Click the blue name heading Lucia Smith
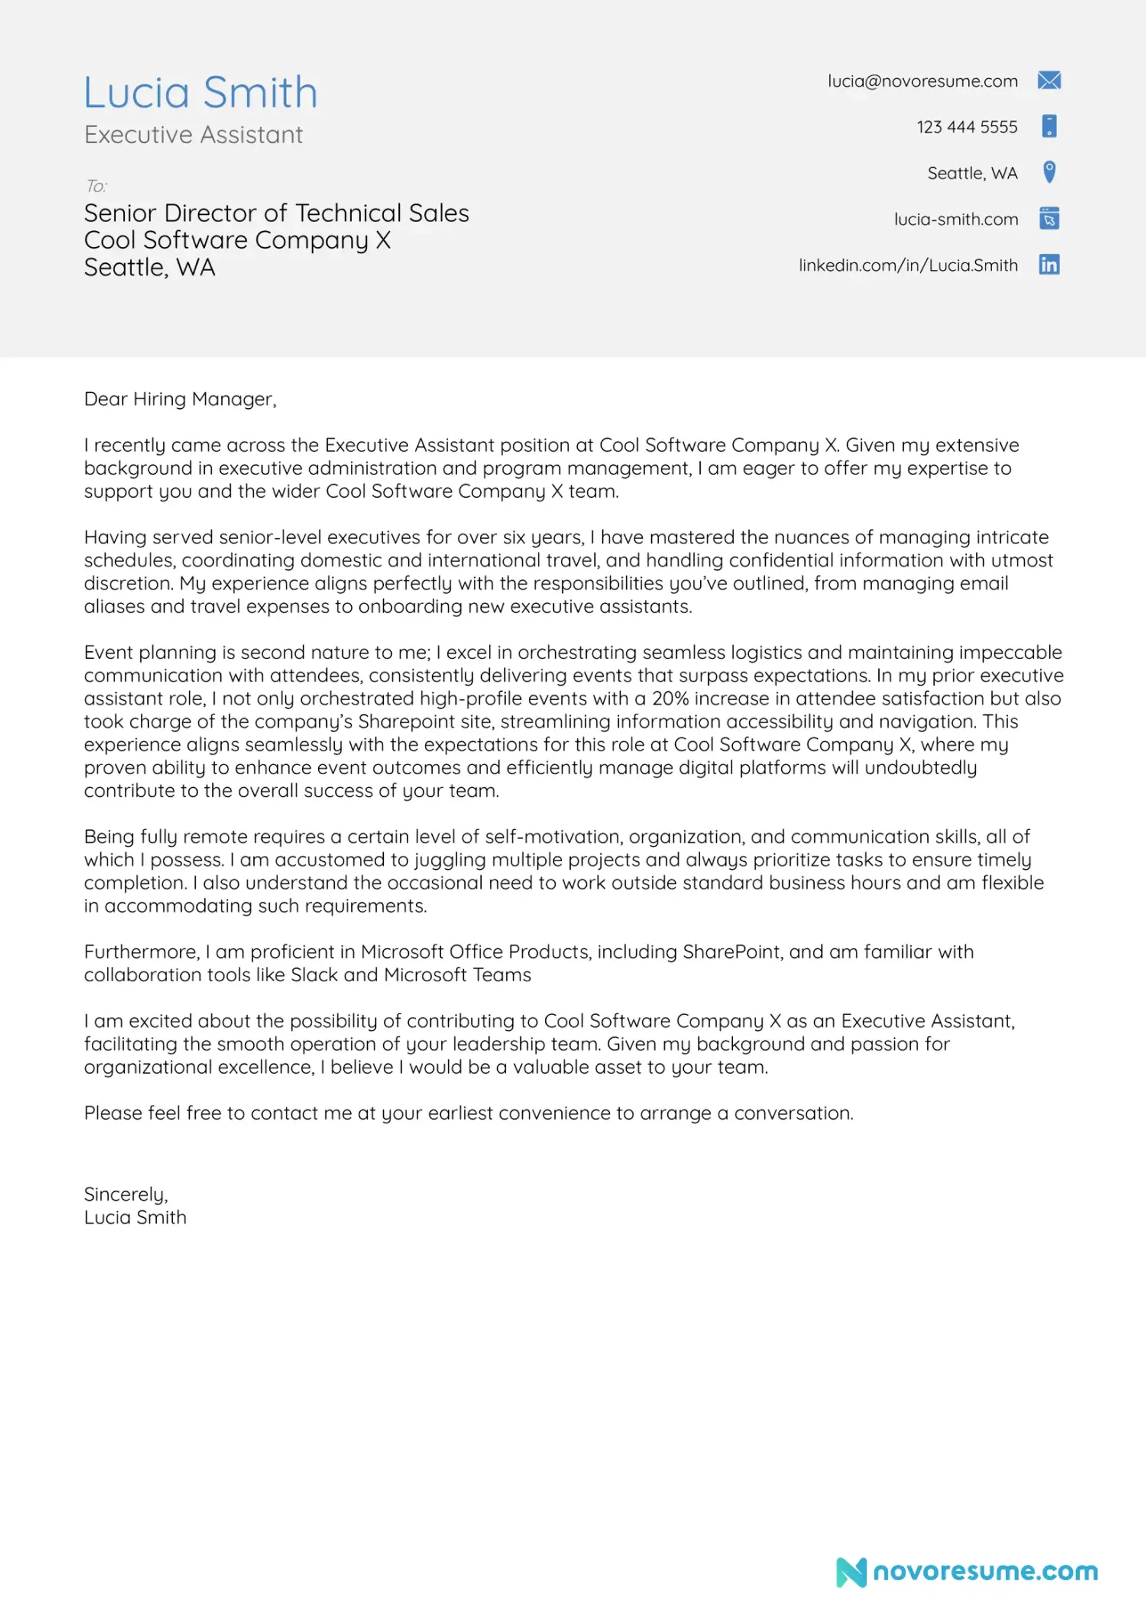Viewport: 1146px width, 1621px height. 201,93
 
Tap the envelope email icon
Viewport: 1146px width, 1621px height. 1049,81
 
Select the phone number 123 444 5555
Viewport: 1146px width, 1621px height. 967,127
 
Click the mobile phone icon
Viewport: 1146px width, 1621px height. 1049,127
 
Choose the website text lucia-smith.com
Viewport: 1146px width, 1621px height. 956,220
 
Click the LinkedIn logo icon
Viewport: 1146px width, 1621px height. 1049,265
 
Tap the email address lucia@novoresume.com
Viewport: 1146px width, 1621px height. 922,81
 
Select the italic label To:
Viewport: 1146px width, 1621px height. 96,186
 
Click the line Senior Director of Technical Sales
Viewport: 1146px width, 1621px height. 276,213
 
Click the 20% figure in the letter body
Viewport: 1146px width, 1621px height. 670,699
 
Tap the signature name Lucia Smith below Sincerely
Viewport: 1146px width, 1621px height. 135,1218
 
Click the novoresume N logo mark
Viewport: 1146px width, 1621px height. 851,1571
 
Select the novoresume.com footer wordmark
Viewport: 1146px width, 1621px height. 985,1571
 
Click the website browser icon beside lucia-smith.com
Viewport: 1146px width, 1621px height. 1049,219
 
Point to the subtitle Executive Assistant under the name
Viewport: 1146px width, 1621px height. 193,135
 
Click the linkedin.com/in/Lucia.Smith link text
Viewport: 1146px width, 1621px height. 907,266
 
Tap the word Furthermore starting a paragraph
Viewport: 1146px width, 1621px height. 141,953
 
